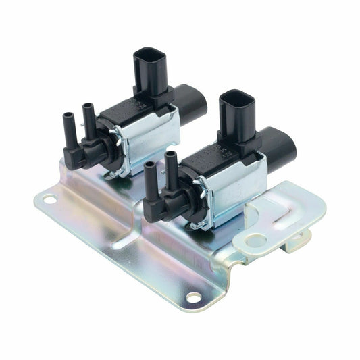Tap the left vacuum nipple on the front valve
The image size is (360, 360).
click(x=149, y=179)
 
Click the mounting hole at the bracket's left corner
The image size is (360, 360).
click(x=49, y=200)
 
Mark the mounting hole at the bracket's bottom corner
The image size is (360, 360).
click(x=193, y=297)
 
